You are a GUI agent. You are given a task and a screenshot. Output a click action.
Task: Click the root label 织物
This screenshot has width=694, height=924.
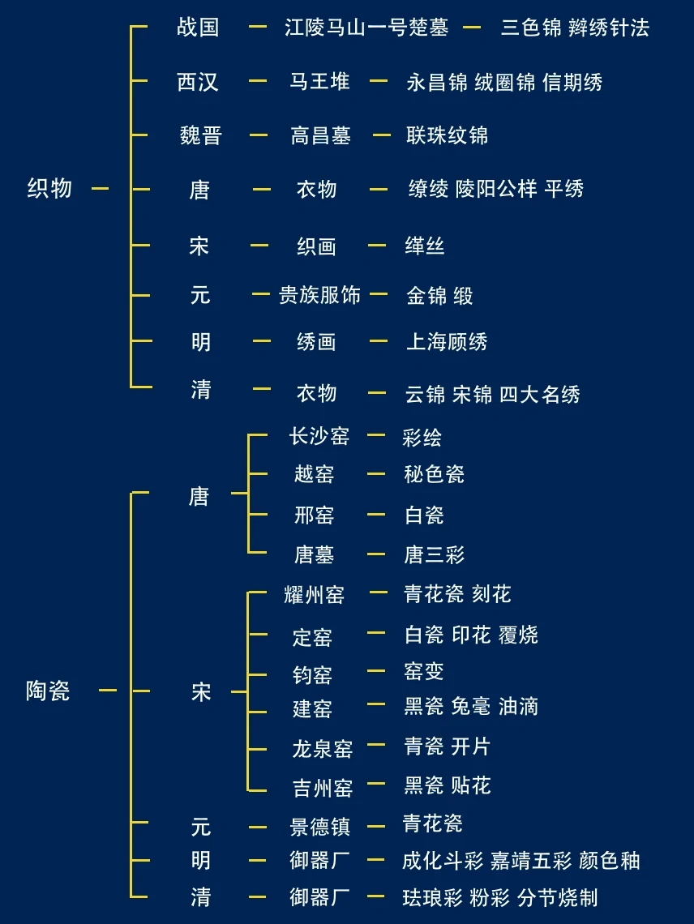pyautogui.click(x=49, y=189)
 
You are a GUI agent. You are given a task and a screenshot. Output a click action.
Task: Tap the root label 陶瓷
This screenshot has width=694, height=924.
pyautogui.click(x=48, y=691)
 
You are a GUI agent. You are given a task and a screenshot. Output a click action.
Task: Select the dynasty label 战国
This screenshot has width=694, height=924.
pyautogui.click(x=198, y=28)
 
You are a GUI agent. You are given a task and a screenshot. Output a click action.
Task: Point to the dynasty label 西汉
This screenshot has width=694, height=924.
pyautogui.click(x=198, y=82)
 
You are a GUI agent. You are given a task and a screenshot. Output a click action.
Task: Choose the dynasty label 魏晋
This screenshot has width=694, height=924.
pyautogui.click(x=200, y=135)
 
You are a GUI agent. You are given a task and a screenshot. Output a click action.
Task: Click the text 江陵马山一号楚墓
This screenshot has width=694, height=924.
pyautogui.click(x=366, y=28)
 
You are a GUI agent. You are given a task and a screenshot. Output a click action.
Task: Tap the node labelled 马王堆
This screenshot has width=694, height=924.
pyautogui.click(x=319, y=81)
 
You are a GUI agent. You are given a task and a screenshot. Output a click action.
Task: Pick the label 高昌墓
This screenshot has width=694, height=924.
pyautogui.click(x=320, y=135)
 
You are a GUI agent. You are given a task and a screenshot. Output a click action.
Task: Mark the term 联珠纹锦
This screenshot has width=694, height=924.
pyautogui.click(x=447, y=135)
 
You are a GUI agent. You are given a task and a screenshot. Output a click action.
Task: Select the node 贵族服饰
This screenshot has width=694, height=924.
pyautogui.click(x=319, y=295)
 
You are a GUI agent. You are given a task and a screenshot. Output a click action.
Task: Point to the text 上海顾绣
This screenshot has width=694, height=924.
pyautogui.click(x=446, y=342)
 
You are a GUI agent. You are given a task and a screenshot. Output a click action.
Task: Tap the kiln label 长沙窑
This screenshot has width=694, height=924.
pyautogui.click(x=319, y=436)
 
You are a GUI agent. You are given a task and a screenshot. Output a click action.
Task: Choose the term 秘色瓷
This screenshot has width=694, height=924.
pyautogui.click(x=434, y=474)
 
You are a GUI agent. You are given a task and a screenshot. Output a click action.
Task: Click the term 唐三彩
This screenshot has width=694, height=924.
pyautogui.click(x=434, y=555)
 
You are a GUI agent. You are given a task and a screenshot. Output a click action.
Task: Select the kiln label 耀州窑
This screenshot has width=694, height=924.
pyautogui.click(x=314, y=595)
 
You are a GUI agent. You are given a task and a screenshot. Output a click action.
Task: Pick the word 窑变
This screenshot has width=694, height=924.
pyautogui.click(x=423, y=671)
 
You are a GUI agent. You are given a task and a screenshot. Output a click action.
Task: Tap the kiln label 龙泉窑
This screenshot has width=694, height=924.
pyautogui.click(x=322, y=748)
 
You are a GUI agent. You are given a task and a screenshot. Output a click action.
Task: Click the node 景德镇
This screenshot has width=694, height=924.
pyautogui.click(x=319, y=827)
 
